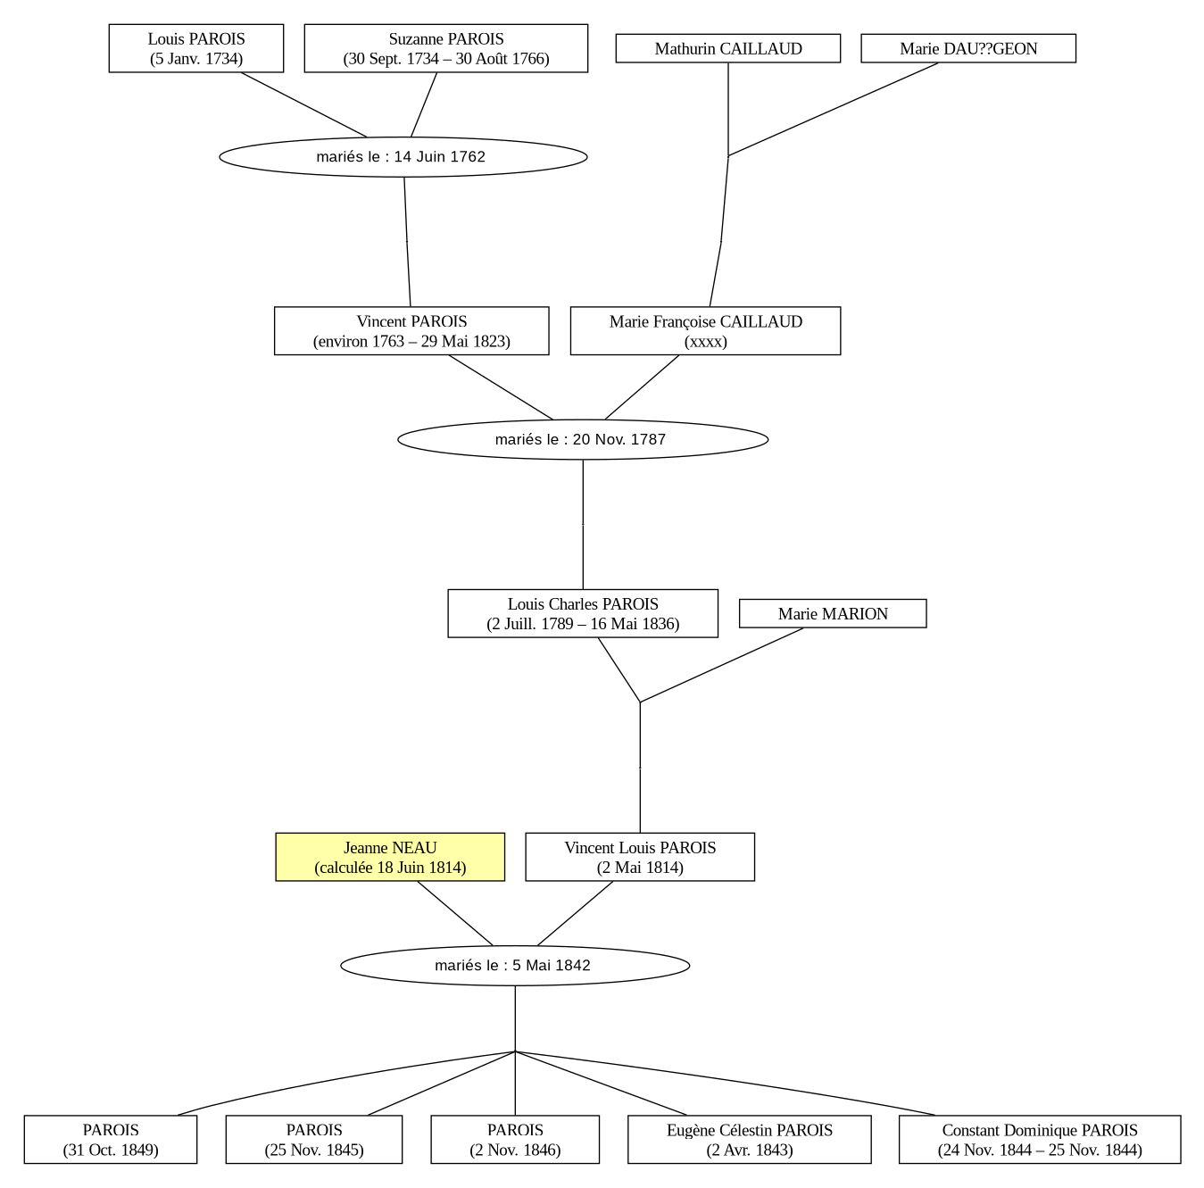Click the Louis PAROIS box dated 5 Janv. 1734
[x=196, y=48]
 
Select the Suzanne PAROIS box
[x=446, y=48]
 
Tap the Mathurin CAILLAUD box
[x=728, y=48]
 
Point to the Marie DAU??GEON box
[x=968, y=48]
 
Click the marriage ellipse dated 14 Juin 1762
[x=403, y=157]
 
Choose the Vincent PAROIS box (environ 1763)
[x=411, y=330]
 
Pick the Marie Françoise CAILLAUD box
[x=705, y=330]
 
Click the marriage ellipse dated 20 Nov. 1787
[x=583, y=439]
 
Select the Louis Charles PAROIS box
[x=583, y=613]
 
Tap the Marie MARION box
[x=833, y=613]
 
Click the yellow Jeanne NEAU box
[x=390, y=857]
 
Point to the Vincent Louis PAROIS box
[x=640, y=857]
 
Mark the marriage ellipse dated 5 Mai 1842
[x=515, y=966]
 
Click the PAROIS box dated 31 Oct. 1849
[x=111, y=1139]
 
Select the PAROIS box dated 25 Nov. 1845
[x=314, y=1139]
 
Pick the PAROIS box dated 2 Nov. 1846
[x=515, y=1139]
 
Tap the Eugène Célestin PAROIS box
[x=749, y=1139]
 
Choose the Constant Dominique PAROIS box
[x=1040, y=1139]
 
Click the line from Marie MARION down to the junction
[x=722, y=665]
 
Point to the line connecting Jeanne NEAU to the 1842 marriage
[x=455, y=914]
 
